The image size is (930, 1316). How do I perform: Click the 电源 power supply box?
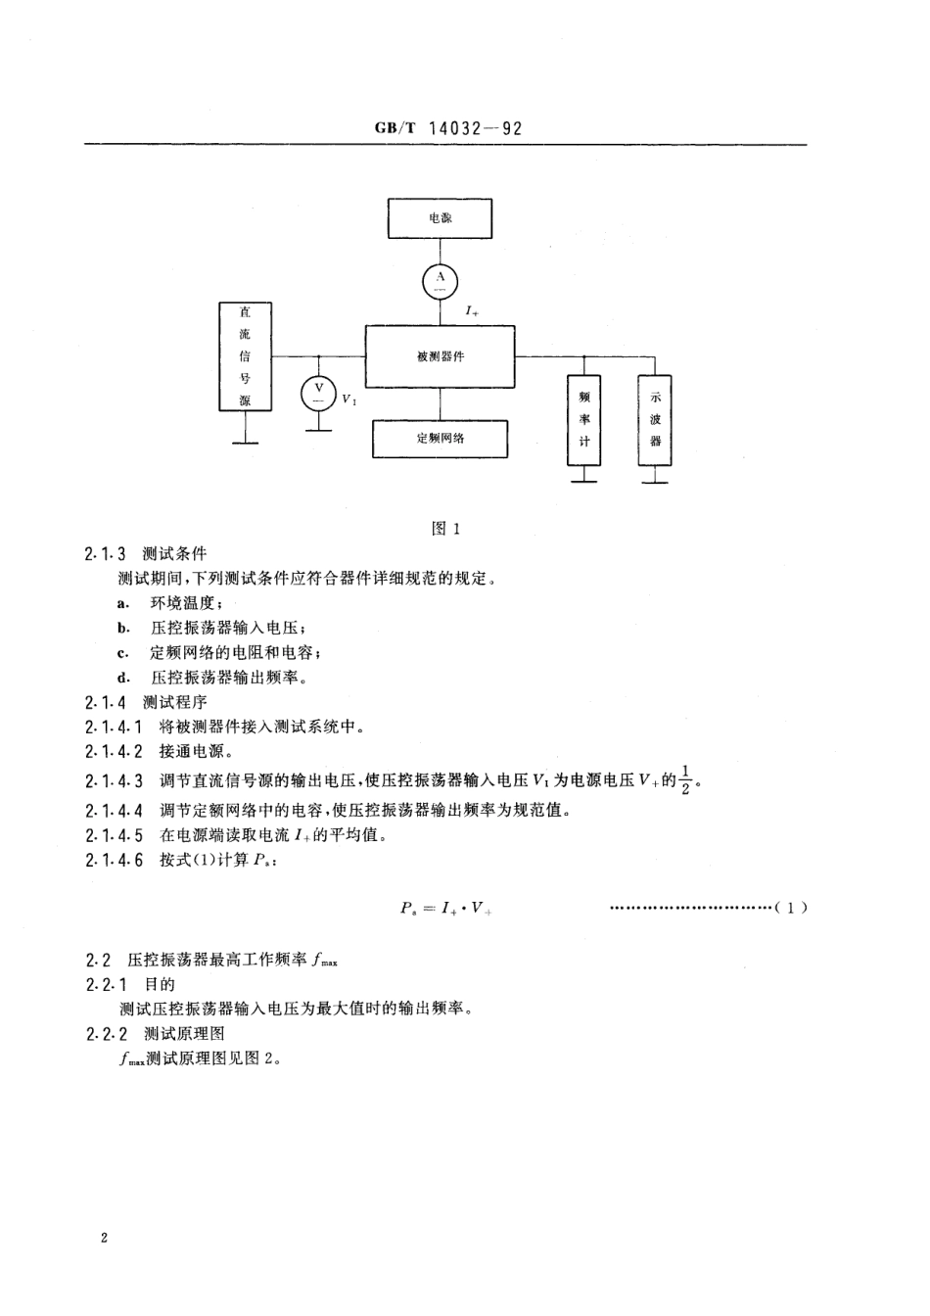point(440,218)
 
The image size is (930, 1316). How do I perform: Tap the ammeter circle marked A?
point(440,282)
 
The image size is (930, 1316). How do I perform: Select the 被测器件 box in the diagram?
point(440,356)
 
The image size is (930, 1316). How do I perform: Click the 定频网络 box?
point(440,439)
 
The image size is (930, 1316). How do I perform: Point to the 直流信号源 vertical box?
point(245,356)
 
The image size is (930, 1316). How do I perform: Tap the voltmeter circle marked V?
point(318,394)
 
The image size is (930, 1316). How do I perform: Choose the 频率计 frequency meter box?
point(584,420)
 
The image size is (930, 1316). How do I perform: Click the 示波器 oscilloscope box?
point(656,420)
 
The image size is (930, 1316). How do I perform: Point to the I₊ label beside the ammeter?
point(472,311)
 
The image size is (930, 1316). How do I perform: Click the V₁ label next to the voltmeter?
point(349,399)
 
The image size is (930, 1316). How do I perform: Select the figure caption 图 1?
point(445,529)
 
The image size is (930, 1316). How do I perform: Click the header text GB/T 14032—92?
point(448,128)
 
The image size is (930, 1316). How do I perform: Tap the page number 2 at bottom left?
point(104,1238)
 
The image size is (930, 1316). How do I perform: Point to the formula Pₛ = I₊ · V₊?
point(445,908)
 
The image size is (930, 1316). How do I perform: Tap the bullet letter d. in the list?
point(123,678)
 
